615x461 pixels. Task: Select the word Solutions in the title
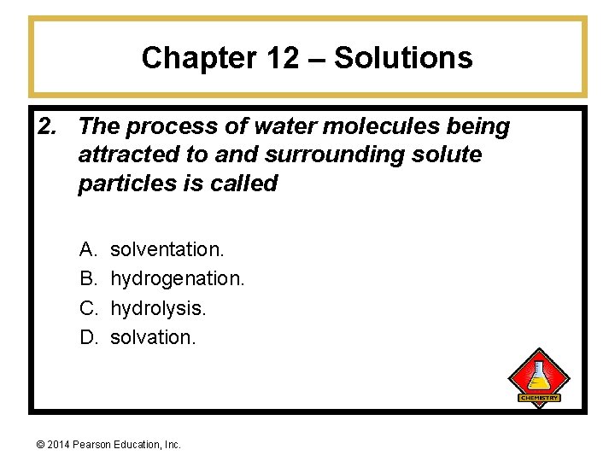click(403, 58)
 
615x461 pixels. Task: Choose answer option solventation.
click(167, 249)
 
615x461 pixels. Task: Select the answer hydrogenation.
click(178, 278)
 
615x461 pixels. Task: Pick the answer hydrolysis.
click(159, 307)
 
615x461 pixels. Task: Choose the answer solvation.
click(154, 336)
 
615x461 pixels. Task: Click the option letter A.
click(87, 249)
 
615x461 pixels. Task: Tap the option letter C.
click(88, 307)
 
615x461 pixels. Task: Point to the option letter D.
click(88, 336)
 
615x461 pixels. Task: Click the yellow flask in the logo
click(539, 376)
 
